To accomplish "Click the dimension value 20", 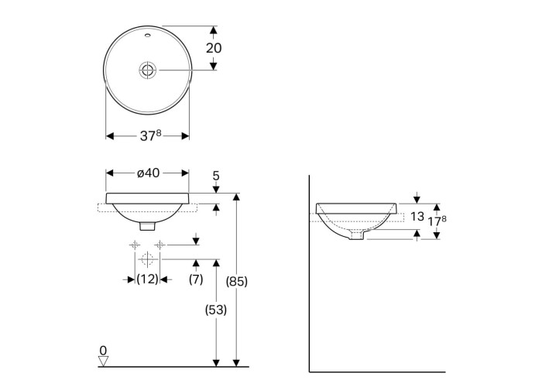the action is click(214, 48).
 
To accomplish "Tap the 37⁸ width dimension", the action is click(151, 135).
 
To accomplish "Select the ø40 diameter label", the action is click(149, 173).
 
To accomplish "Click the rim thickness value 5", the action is click(216, 176).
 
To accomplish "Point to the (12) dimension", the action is click(147, 279).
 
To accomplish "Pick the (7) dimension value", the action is click(196, 279).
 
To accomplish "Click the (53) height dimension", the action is click(216, 310).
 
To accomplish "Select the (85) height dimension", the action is click(237, 281).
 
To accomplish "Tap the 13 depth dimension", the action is click(417, 217).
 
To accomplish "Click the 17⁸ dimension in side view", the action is click(437, 221).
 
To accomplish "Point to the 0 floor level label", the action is click(103, 351).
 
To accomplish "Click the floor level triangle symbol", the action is click(103, 361).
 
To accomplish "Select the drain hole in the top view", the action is click(148, 70).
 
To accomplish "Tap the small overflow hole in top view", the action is click(148, 35).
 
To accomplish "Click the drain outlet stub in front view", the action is click(148, 226).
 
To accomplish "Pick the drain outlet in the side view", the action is click(357, 235).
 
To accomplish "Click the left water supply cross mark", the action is click(135, 245).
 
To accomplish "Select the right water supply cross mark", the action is click(160, 245).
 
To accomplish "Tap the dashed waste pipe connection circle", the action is click(147, 259).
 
